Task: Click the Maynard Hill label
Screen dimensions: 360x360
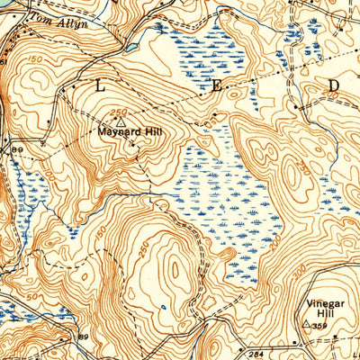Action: [x=122, y=131]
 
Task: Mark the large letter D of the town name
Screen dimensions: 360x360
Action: [x=333, y=85]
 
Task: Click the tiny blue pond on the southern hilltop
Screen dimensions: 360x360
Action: [x=163, y=305]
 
